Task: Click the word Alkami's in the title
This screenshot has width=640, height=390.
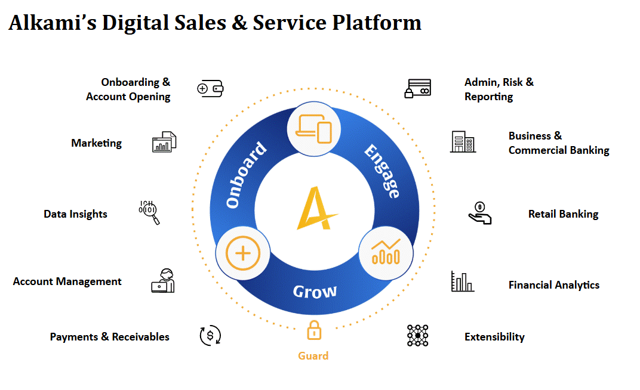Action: (51, 23)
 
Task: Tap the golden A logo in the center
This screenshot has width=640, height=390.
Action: (316, 208)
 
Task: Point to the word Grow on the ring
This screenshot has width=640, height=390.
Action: (315, 292)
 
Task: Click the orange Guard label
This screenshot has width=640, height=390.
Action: (313, 356)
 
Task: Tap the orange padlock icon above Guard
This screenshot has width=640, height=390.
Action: (313, 330)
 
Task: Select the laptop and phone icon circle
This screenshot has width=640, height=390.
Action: (314, 129)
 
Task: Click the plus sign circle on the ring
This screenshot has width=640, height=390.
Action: (242, 254)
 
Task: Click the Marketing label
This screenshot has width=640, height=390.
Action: (96, 143)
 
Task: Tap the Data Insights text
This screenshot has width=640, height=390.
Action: (75, 214)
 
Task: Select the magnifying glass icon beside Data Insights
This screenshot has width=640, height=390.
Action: (149, 212)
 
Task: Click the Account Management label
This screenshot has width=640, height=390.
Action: (67, 281)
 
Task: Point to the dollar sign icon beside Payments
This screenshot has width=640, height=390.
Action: (210, 336)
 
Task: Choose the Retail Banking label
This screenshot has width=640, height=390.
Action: (563, 214)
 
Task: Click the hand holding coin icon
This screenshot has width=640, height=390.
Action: (479, 213)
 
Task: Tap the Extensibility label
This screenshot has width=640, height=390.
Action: (494, 337)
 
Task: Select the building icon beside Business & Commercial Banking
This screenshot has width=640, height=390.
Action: (463, 142)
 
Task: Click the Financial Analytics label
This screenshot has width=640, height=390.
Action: (553, 285)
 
